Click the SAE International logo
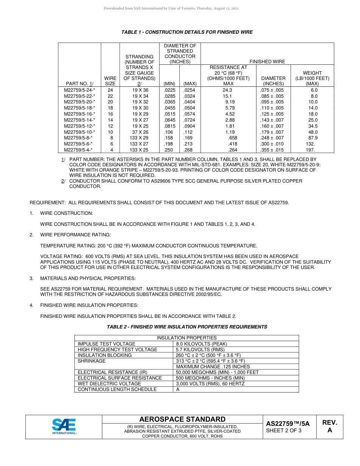click(64, 427)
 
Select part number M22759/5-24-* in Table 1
click(79, 90)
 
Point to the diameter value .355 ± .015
click(272, 150)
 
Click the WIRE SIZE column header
click(110, 81)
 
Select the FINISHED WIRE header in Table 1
click(267, 62)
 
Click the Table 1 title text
click(187, 32)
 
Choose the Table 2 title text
click(187, 327)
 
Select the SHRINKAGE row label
click(92, 361)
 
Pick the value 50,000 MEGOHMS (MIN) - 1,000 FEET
click(217, 372)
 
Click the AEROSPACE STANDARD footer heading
click(182, 419)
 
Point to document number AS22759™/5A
click(288, 424)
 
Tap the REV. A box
click(329, 426)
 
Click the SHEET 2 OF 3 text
click(283, 430)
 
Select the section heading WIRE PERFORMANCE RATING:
click(75, 235)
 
